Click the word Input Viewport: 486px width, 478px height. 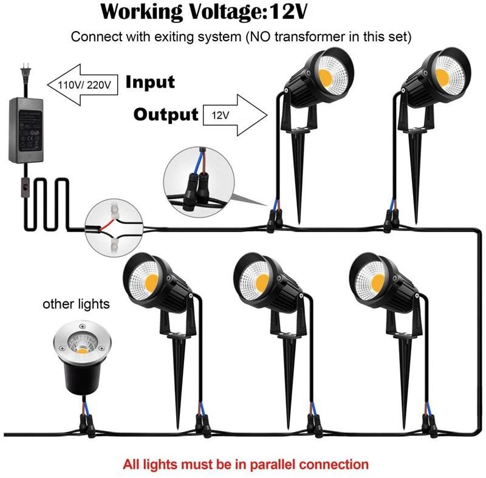click(x=149, y=83)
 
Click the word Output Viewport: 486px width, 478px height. click(x=166, y=114)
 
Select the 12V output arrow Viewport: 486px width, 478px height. click(x=237, y=114)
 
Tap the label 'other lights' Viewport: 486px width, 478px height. click(x=77, y=303)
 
